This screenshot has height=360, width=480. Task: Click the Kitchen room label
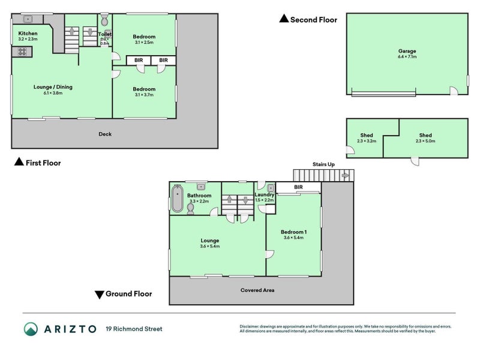tap(28, 33)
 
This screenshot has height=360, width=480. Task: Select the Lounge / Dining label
tap(53, 87)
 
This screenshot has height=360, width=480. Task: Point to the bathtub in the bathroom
tap(177, 200)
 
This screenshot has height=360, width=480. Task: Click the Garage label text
tap(407, 51)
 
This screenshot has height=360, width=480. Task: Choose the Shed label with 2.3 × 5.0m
tap(425, 135)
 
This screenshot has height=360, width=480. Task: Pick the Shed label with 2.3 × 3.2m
tap(367, 135)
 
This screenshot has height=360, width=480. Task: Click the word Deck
tap(106, 134)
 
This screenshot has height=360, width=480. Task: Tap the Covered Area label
tap(257, 290)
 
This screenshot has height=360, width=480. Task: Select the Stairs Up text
tap(323, 163)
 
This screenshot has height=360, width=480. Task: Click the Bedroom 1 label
tap(293, 232)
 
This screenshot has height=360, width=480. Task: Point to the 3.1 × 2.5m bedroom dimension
tap(144, 43)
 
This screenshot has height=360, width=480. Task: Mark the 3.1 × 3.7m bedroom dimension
tap(144, 94)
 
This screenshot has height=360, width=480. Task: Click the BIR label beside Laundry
tap(298, 187)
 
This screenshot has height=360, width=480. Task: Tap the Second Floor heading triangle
tap(284, 19)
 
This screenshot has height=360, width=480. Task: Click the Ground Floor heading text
tap(128, 294)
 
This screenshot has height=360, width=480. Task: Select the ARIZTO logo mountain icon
tap(31, 329)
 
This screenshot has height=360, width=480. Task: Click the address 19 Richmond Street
tap(134, 329)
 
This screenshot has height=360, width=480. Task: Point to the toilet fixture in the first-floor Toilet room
tap(105, 22)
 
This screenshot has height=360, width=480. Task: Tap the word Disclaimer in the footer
tap(251, 326)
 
